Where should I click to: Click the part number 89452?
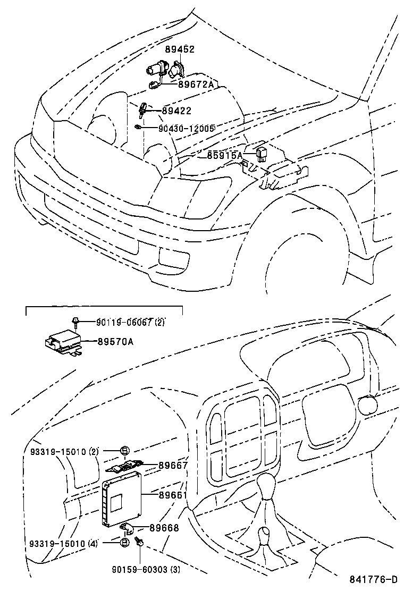180,49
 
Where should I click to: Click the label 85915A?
224,155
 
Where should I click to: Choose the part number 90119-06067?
124,322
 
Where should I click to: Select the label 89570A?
115,342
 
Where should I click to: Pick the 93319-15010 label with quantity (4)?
62,543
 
